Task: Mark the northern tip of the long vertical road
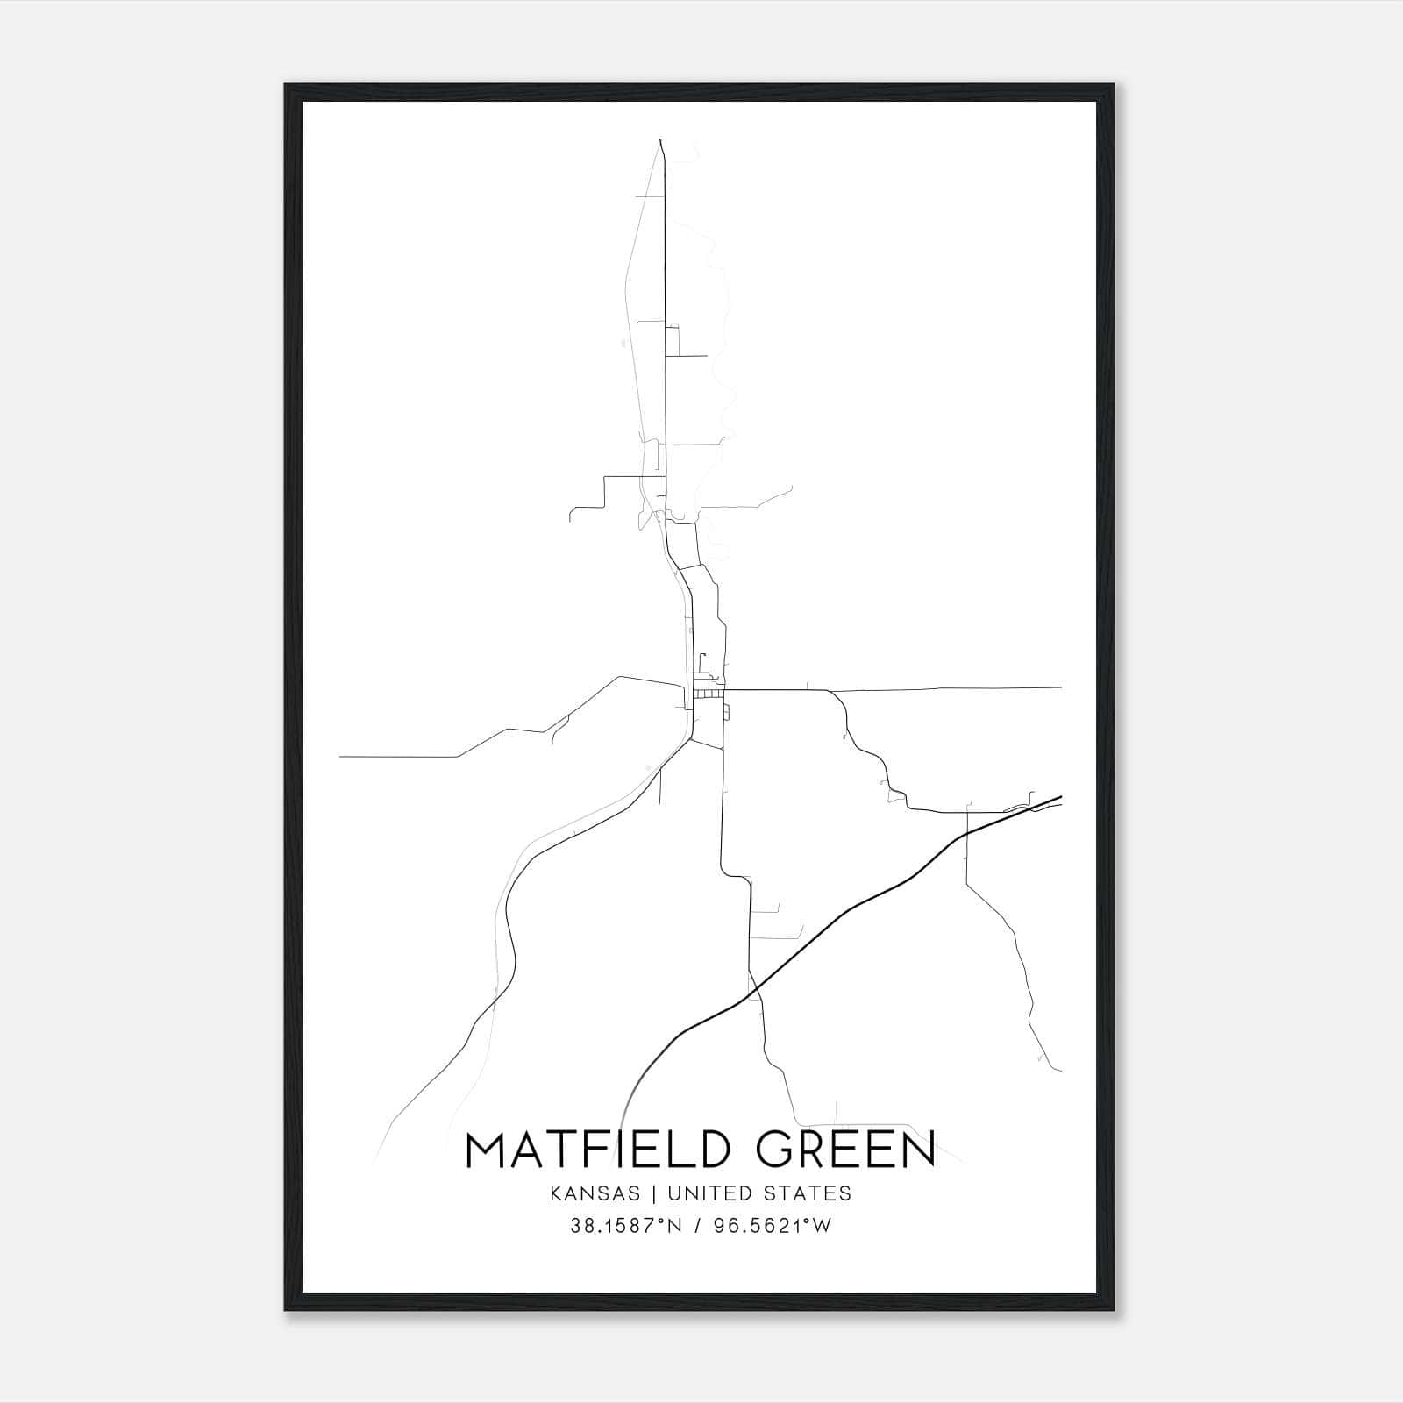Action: (659, 139)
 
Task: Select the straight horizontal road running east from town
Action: (947, 688)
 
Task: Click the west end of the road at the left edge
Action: (341, 756)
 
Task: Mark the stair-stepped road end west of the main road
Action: (571, 517)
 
